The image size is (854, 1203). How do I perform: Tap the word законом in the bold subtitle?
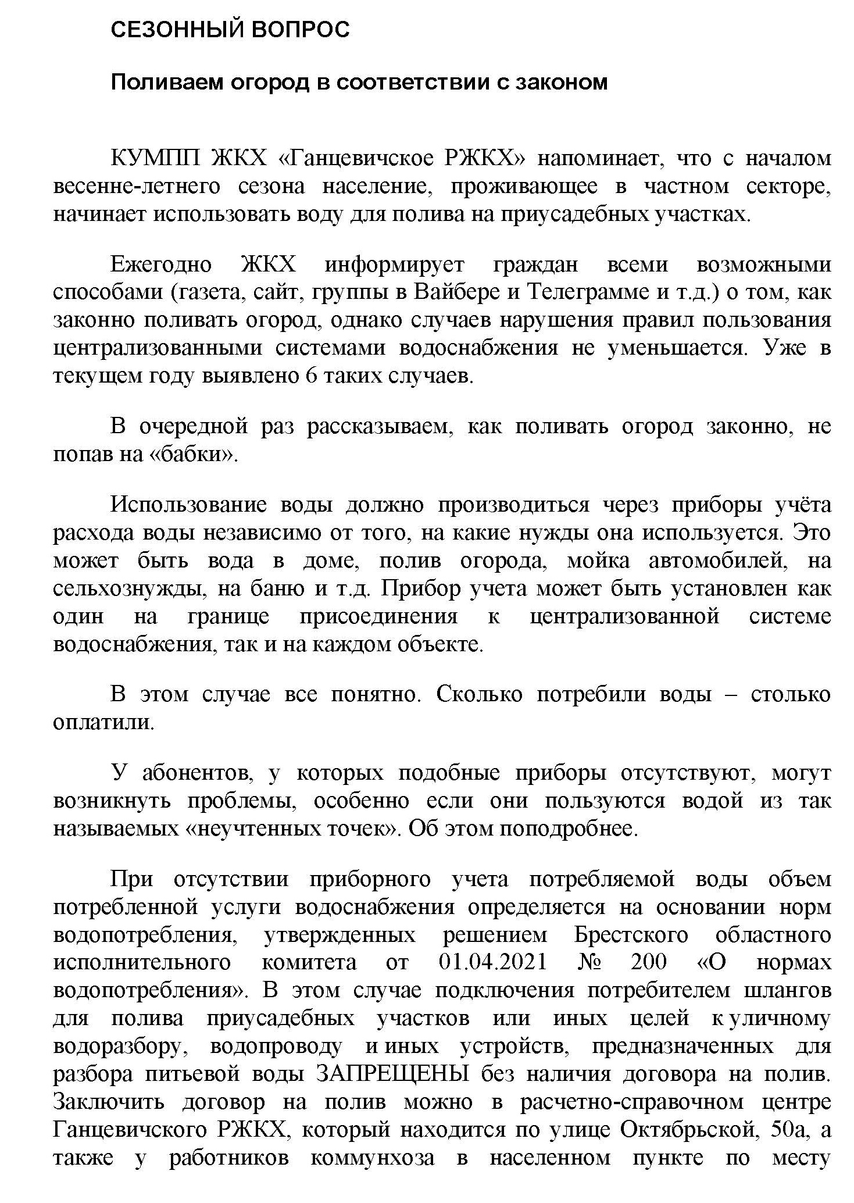(x=562, y=82)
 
